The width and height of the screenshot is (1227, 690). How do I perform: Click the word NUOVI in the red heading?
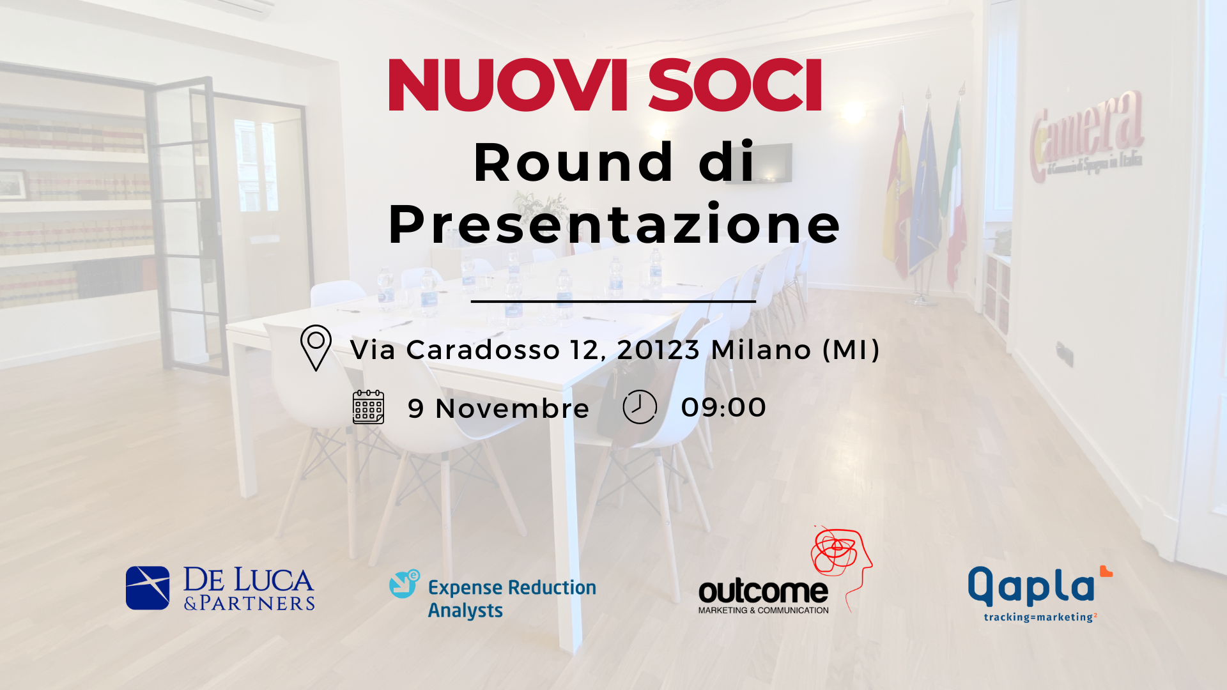pos(508,85)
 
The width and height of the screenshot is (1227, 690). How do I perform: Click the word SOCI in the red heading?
pos(735,85)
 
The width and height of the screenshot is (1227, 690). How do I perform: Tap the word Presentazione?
pos(614,224)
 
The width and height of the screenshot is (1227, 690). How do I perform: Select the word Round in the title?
pos(573,162)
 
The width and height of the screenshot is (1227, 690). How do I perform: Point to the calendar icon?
pos(369,407)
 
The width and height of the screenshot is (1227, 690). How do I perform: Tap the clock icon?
pos(640,407)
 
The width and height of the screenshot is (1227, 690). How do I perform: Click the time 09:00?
pos(723,408)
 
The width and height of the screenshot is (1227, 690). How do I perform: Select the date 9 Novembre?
pos(498,408)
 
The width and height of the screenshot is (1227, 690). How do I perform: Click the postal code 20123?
pos(658,349)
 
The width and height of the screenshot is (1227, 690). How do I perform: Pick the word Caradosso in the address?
pos(483,349)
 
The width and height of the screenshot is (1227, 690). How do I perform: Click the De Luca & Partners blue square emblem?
pos(148,588)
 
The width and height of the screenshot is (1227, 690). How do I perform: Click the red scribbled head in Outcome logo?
pos(841,559)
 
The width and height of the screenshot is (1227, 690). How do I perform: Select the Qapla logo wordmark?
pos(1031,586)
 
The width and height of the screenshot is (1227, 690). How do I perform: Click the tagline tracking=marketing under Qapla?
pos(1040,617)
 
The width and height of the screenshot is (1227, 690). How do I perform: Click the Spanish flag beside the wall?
pos(897,192)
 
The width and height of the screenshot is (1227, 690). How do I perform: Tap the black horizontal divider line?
pos(613,301)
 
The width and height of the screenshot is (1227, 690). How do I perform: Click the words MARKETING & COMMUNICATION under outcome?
pos(764,610)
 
